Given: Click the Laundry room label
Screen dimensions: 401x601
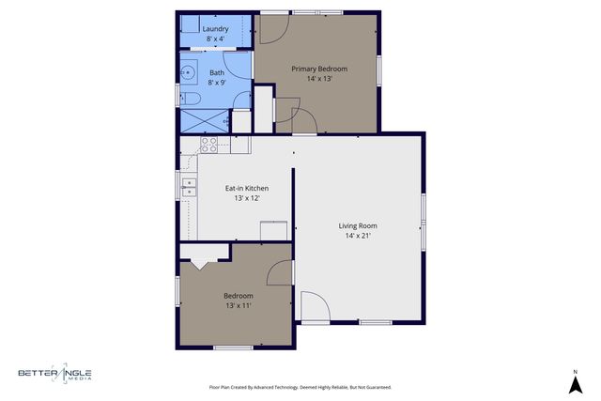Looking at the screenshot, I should (216, 29).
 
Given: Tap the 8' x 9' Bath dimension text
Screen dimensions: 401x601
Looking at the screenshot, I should (216, 83).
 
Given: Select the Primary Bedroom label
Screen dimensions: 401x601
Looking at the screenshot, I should (319, 69).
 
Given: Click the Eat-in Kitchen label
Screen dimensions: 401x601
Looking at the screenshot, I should (246, 188).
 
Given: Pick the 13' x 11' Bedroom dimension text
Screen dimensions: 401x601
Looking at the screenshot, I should (238, 305).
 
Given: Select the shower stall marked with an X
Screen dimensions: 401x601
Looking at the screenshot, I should (205, 121).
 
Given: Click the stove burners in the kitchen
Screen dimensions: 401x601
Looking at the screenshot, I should (209, 144).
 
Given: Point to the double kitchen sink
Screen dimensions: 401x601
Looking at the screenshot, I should (189, 187).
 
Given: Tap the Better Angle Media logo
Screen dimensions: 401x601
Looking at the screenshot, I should (54, 375).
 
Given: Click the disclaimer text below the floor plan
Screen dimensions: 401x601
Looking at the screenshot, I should (300, 387).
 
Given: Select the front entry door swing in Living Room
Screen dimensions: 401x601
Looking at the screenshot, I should (315, 306).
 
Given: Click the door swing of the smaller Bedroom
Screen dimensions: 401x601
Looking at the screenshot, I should (280, 272).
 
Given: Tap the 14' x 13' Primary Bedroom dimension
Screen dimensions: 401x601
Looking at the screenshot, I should (319, 79).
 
